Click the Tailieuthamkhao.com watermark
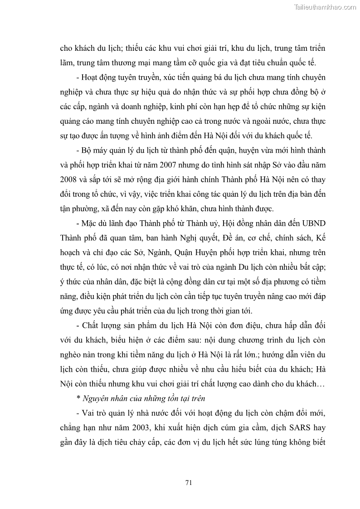[x=326, y=7]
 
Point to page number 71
[x=189, y=482]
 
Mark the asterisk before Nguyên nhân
[x=79, y=398]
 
